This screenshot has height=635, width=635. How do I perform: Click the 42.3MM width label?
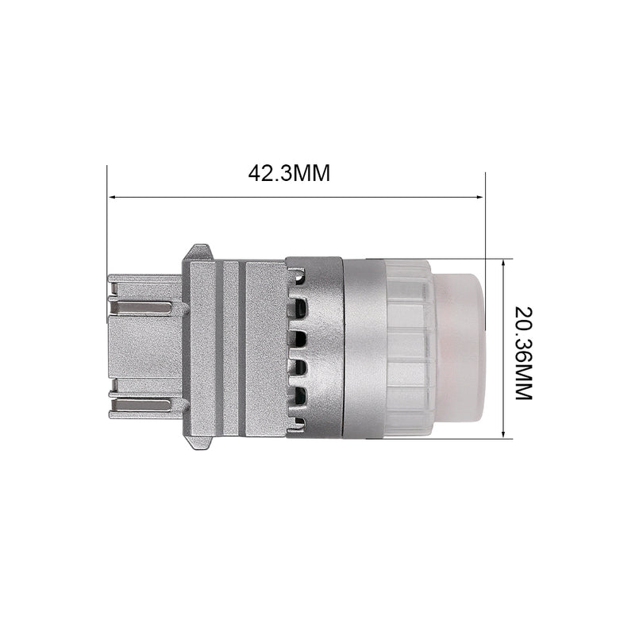(x=289, y=173)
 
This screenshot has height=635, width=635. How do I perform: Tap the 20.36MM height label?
(x=523, y=353)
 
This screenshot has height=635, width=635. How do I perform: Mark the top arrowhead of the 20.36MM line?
(x=503, y=265)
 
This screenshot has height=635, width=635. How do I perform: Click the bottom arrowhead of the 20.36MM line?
(x=503, y=433)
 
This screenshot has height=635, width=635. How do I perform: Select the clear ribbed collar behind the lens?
(x=408, y=348)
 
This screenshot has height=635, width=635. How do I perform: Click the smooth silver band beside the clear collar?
(x=364, y=348)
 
